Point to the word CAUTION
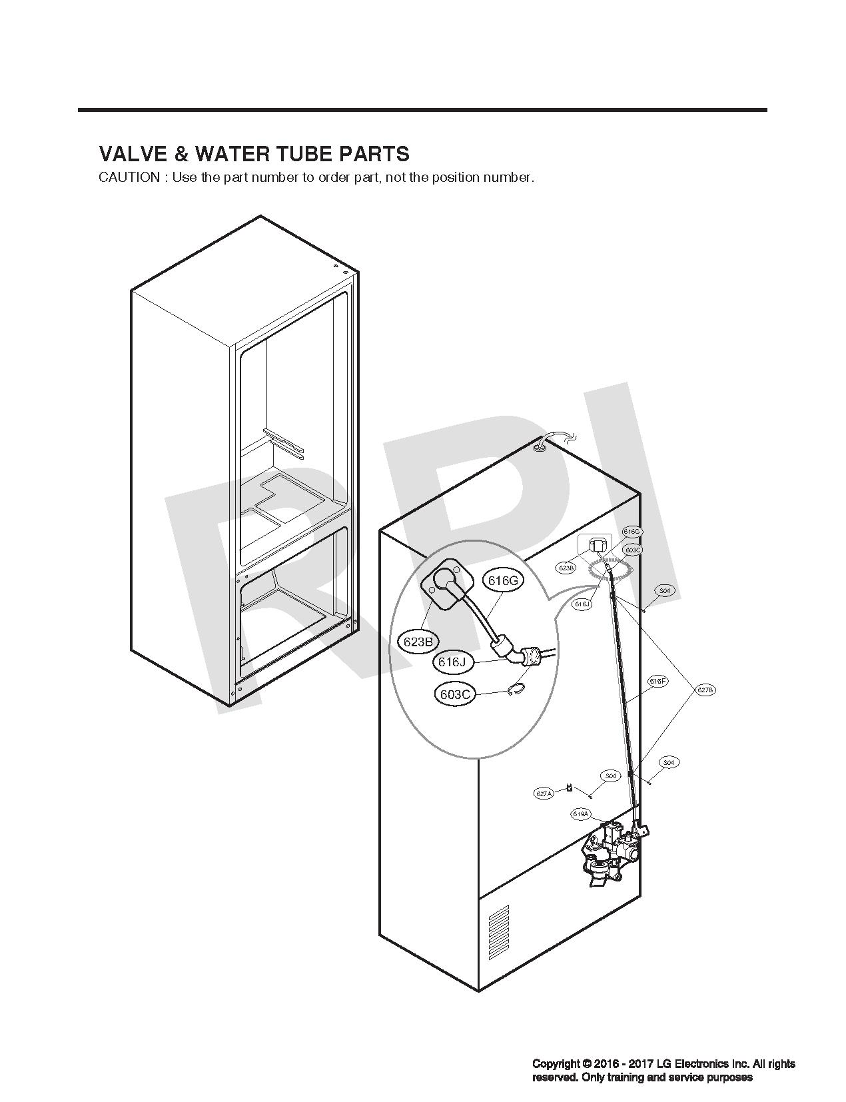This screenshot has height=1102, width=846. click(129, 178)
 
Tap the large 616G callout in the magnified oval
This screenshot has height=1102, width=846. click(503, 580)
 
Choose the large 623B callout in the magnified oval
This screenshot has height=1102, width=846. click(418, 642)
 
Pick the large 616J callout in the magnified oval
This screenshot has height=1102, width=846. click(452, 662)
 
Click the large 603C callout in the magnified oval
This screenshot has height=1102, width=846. click(456, 695)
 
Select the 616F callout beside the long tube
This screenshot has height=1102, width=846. click(657, 682)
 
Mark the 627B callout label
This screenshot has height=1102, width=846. click(705, 690)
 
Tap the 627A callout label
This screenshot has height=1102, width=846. click(544, 794)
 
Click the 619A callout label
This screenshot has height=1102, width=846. click(580, 814)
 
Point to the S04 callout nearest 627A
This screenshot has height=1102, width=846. click(610, 776)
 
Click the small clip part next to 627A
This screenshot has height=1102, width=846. click(570, 788)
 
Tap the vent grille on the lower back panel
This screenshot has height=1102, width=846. click(499, 932)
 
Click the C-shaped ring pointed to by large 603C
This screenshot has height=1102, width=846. click(516, 692)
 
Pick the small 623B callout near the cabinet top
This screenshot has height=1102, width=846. click(566, 568)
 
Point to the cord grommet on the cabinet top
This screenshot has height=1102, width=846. click(540, 449)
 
